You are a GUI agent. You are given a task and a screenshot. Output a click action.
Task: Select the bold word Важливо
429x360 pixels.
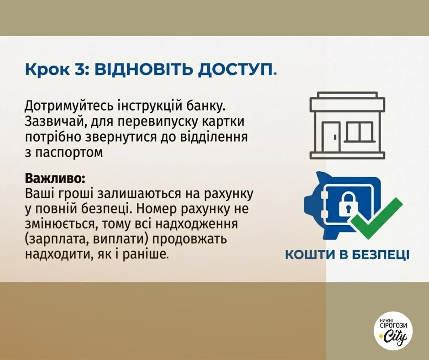[53, 178]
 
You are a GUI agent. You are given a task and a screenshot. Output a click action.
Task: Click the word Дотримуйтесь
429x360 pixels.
[68, 106]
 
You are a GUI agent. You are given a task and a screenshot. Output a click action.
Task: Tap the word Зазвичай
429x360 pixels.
[54, 122]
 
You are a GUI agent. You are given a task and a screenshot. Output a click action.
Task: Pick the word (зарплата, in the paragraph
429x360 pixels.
[58, 239]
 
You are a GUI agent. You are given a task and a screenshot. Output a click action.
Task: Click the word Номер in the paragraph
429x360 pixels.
[152, 209]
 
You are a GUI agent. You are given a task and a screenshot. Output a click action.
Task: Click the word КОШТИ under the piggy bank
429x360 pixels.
[310, 255]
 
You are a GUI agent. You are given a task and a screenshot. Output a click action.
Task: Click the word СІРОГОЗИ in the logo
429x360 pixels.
[393, 325]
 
